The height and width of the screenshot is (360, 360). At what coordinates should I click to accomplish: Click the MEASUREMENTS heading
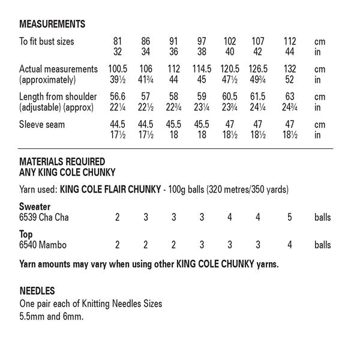click(52, 25)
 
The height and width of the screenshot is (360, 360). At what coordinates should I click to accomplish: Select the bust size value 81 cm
click(118, 42)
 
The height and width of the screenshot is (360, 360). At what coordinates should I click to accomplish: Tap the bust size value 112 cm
click(290, 42)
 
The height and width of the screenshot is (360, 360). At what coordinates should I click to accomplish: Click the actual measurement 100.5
click(118, 69)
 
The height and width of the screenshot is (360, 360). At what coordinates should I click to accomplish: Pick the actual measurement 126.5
click(258, 69)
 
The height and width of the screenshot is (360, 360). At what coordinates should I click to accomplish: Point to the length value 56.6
click(118, 97)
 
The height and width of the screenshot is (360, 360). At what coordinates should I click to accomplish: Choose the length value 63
click(290, 97)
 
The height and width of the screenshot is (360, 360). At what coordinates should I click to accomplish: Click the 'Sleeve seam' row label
click(42, 124)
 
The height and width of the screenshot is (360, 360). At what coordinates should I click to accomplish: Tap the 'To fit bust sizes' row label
click(55, 42)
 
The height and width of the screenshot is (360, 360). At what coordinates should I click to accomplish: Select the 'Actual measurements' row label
click(58, 69)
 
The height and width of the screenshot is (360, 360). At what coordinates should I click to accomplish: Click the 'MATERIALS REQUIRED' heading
click(62, 161)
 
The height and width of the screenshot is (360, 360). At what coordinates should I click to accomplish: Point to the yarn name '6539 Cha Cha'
click(44, 217)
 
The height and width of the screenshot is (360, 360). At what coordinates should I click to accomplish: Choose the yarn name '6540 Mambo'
click(43, 245)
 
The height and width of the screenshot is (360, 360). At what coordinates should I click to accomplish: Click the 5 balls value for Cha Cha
click(290, 217)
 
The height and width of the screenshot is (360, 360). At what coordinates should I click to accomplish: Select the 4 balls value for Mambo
click(290, 245)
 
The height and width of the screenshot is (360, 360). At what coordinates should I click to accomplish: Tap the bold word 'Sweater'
click(35, 207)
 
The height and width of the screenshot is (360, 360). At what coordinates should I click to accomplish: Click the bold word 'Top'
click(26, 235)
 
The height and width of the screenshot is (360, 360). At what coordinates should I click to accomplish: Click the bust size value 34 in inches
click(146, 52)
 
